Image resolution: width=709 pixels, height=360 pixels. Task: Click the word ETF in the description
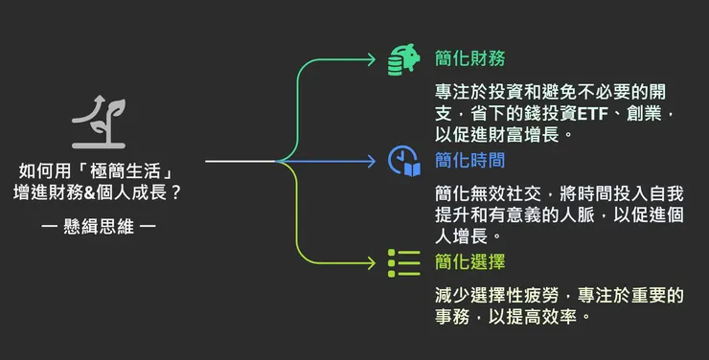(600, 115)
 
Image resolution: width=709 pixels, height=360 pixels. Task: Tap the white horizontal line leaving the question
(240, 161)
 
